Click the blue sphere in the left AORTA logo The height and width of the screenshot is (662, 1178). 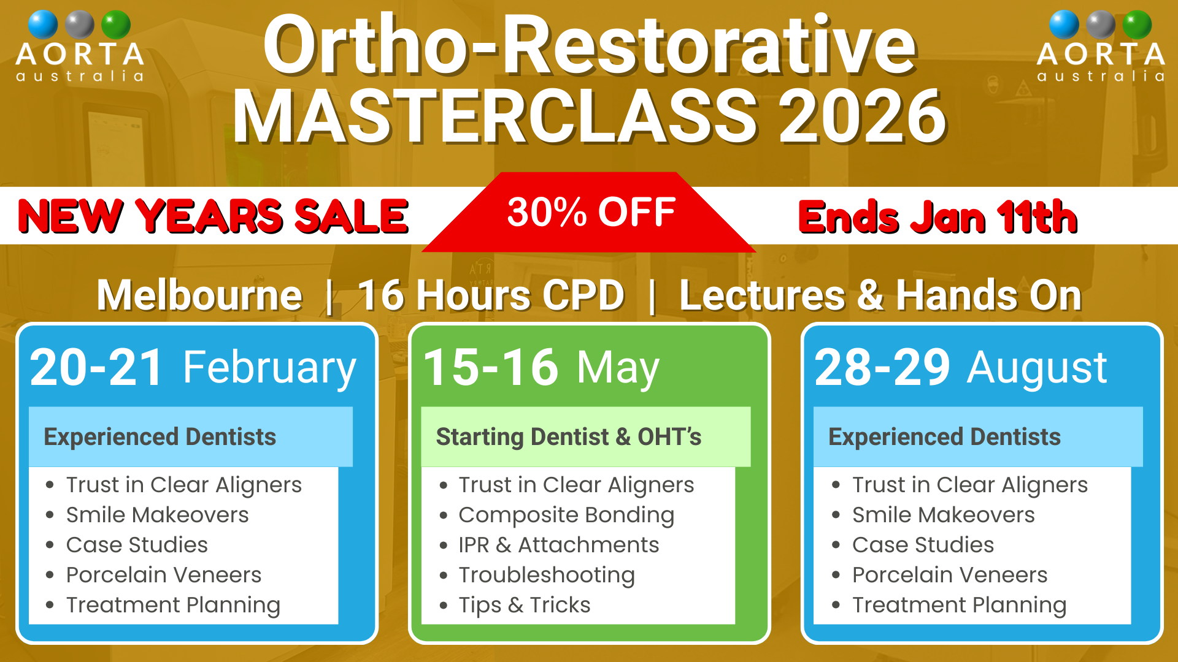(x=43, y=25)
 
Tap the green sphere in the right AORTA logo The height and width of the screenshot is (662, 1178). (x=1137, y=25)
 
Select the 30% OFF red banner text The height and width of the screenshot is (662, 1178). (x=591, y=212)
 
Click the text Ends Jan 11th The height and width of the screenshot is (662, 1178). (x=937, y=217)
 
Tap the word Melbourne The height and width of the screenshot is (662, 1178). (x=199, y=295)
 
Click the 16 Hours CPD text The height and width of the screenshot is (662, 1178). (x=491, y=295)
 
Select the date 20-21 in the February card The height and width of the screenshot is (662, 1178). (x=96, y=367)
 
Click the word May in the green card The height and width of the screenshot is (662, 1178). (x=618, y=369)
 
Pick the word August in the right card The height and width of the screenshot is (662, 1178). (x=1037, y=369)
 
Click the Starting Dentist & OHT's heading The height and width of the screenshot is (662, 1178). (x=569, y=437)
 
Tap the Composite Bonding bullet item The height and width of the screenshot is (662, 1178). (x=566, y=516)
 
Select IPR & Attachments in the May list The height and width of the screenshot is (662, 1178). (x=559, y=545)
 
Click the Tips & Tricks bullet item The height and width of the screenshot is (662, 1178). (x=525, y=606)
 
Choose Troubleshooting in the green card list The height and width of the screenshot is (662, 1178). (x=547, y=576)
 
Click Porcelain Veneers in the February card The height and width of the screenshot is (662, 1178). (x=164, y=575)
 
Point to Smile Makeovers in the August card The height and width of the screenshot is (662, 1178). (x=944, y=515)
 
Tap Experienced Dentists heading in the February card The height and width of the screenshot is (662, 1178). (x=160, y=437)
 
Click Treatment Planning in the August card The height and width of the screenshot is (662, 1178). (x=960, y=606)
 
